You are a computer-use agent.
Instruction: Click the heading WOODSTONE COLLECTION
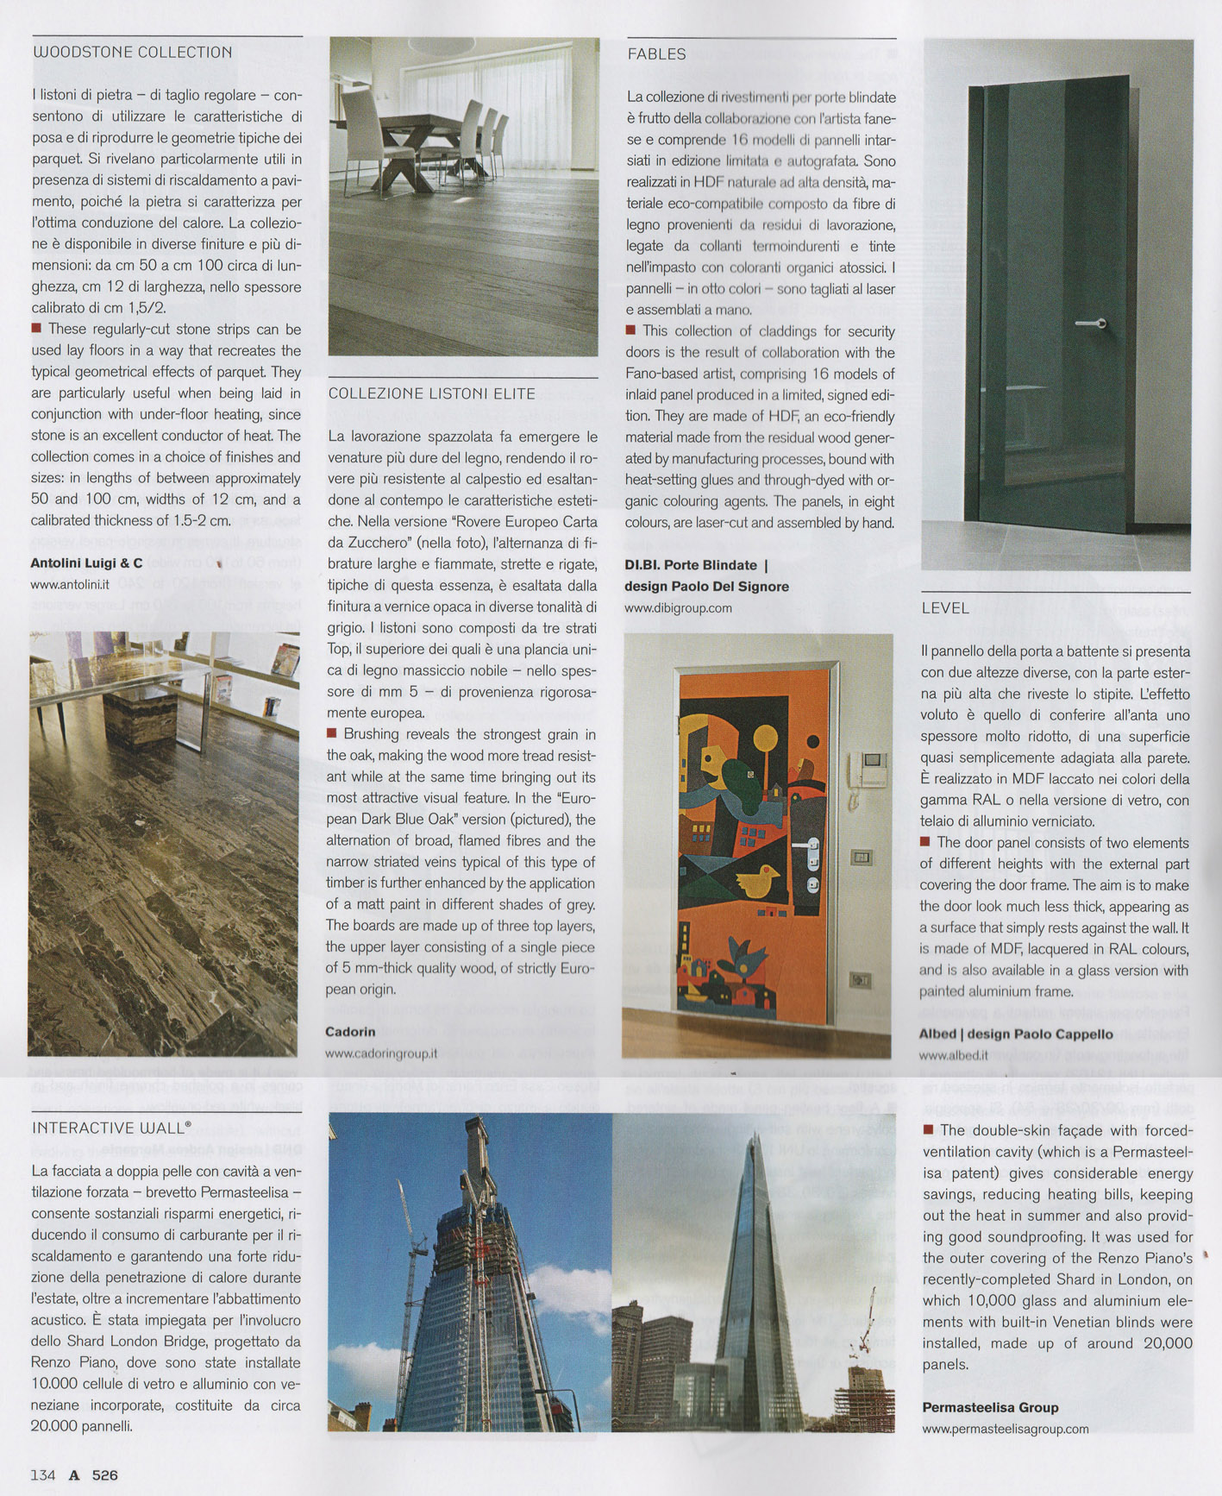(132, 53)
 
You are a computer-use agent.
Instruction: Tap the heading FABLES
(657, 54)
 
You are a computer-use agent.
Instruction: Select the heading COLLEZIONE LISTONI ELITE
(431, 394)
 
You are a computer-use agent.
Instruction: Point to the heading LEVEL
(945, 608)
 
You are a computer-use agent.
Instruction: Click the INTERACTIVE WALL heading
(111, 1128)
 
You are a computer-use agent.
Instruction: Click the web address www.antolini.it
(70, 584)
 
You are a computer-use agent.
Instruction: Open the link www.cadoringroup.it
(381, 1053)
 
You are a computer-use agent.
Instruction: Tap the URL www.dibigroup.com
(678, 607)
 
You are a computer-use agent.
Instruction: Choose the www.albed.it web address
(953, 1055)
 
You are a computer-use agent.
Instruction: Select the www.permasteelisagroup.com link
(1005, 1429)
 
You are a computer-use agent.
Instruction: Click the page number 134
(42, 1475)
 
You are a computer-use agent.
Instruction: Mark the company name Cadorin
(350, 1032)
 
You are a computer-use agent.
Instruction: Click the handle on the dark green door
(1092, 324)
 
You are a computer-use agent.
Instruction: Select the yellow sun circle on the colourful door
(765, 738)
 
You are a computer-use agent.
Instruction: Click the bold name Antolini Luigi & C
(86, 563)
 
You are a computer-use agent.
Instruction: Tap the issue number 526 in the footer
(104, 1475)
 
